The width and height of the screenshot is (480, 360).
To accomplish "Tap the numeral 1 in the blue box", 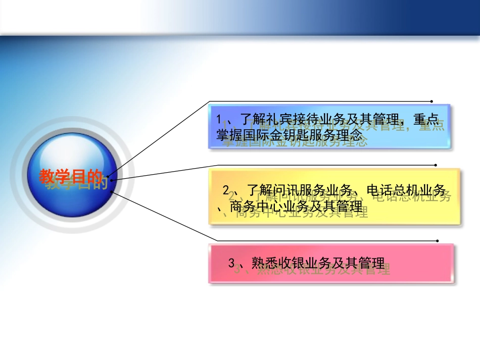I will [x=219, y=121].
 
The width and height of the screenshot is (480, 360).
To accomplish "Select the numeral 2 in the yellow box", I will [x=227, y=191].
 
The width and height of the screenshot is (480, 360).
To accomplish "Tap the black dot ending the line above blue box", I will [x=431, y=101].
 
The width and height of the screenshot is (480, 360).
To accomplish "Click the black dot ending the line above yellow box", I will [x=436, y=165].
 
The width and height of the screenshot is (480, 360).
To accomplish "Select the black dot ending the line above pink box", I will [x=437, y=241].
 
